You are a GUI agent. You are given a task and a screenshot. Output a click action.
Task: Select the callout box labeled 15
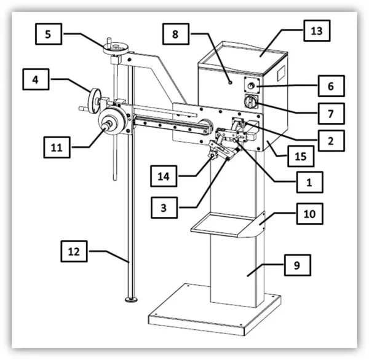pyautogui.click(x=298, y=157)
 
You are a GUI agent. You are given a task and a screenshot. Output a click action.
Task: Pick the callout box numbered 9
pyautogui.click(x=296, y=266)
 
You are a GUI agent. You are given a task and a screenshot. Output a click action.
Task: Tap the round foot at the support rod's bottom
pyautogui.click(x=130, y=299)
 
